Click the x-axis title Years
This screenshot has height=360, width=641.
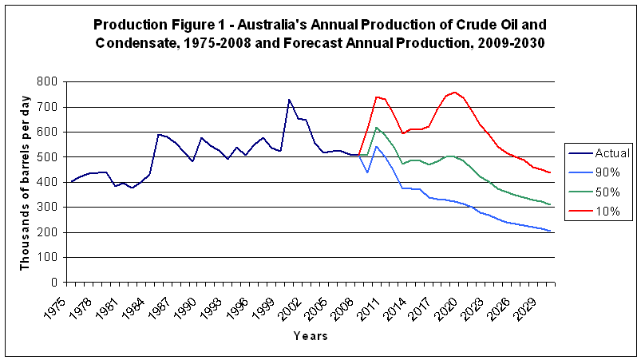pos(310,336)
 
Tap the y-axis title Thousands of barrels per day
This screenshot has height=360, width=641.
pos(25,182)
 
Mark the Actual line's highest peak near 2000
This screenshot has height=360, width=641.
pos(289,100)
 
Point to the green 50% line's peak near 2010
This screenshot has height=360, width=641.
pos(376,127)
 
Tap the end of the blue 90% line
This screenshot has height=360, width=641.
pos(550,231)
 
